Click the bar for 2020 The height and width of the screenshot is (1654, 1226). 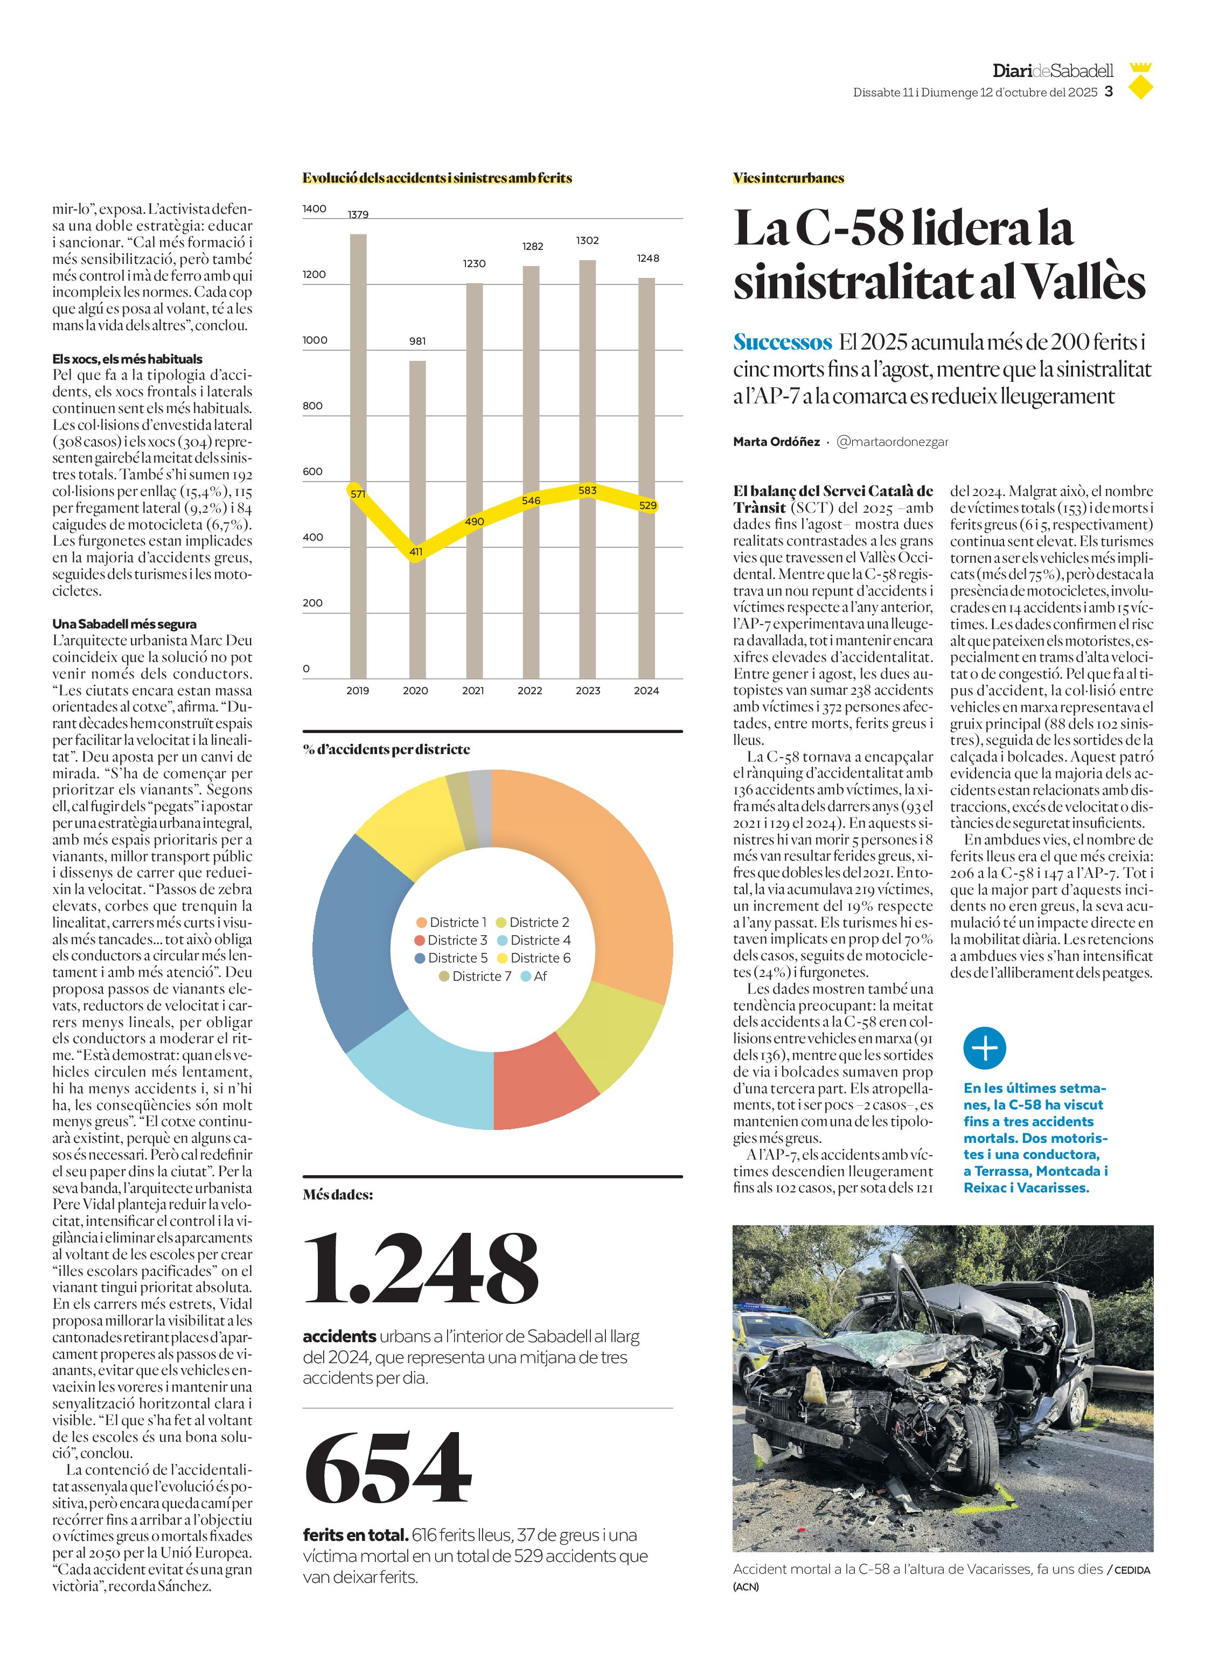pyautogui.click(x=418, y=519)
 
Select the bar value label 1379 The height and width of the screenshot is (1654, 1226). pyautogui.click(x=358, y=214)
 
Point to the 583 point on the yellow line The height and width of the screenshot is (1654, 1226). pyautogui.click(x=587, y=491)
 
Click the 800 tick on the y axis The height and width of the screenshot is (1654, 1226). pyautogui.click(x=312, y=406)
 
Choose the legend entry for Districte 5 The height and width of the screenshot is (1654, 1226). pyautogui.click(x=451, y=958)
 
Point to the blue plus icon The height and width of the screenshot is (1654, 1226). pyautogui.click(x=984, y=1049)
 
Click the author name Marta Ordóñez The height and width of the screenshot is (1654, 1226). pyautogui.click(x=776, y=442)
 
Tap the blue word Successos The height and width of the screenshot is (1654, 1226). pyautogui.click(x=782, y=342)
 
